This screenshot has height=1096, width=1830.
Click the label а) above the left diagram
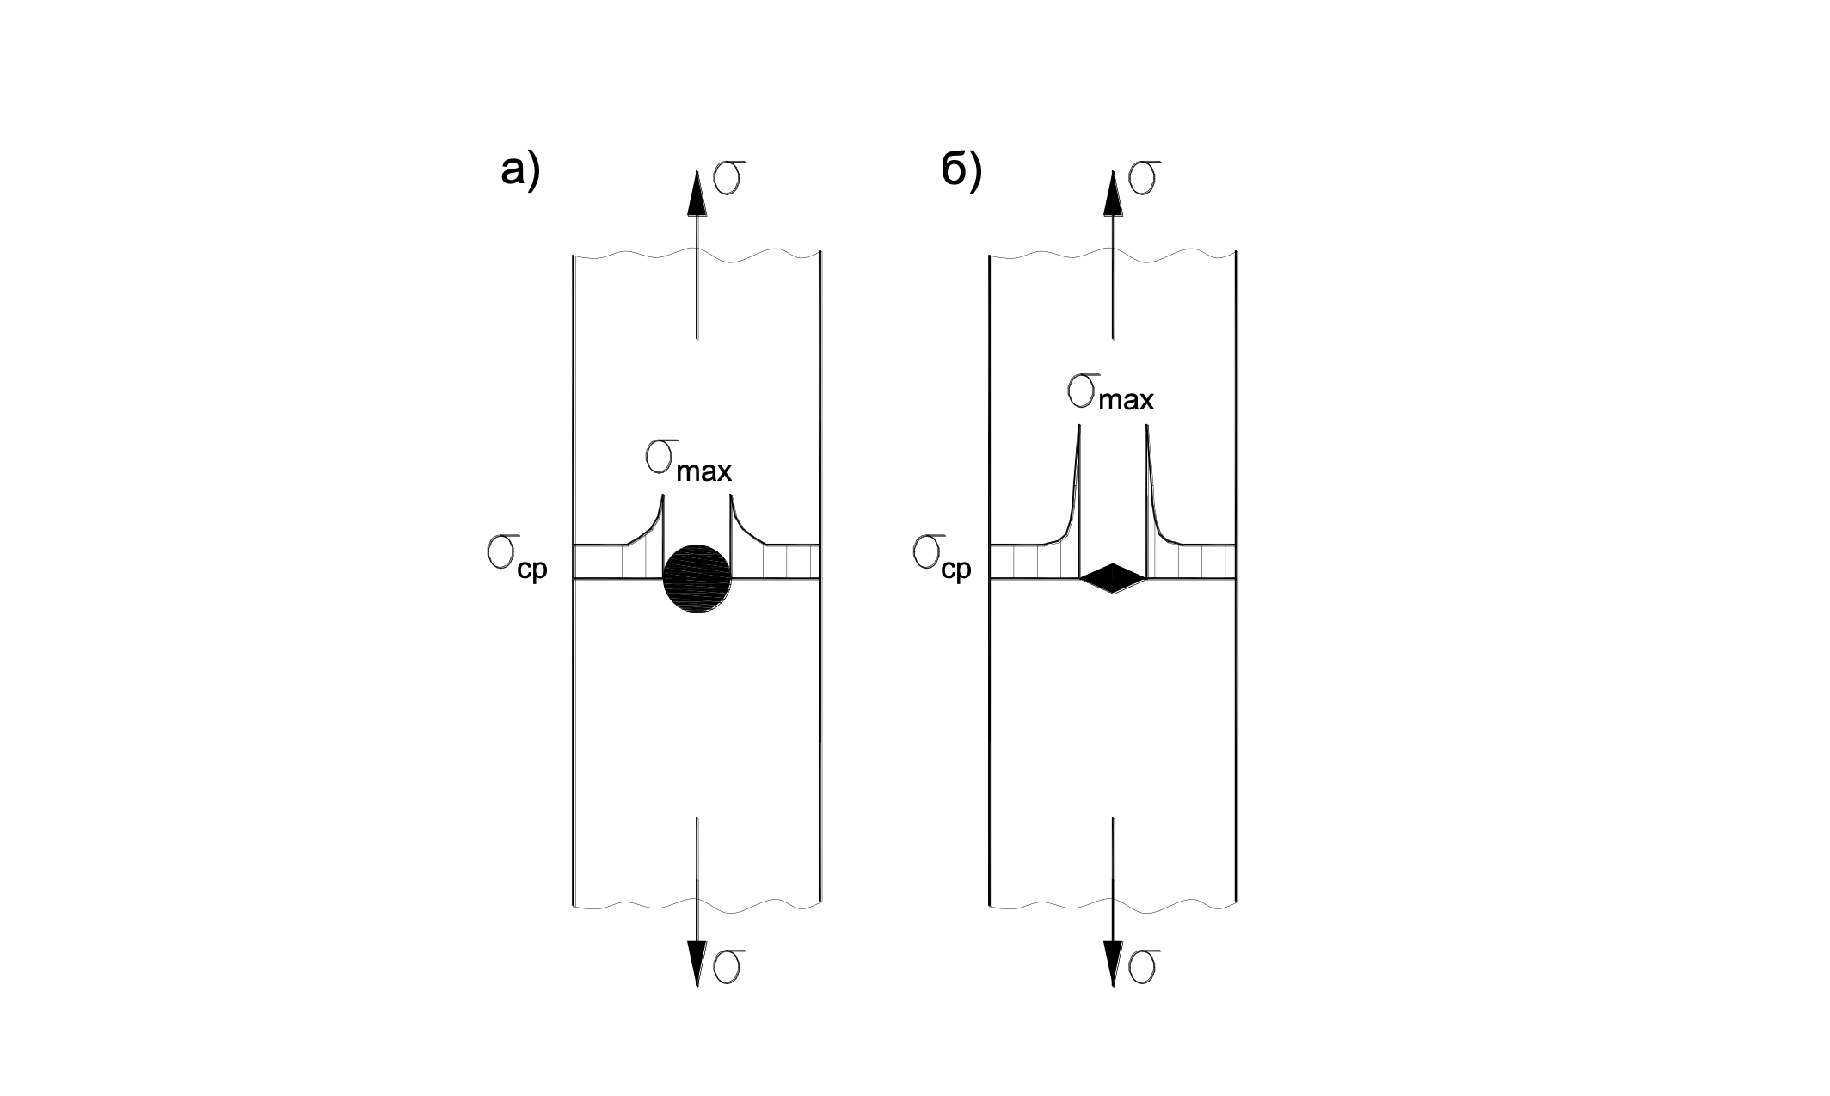(x=520, y=171)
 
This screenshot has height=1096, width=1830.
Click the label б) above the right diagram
(x=961, y=171)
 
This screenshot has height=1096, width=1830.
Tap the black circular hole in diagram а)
(x=697, y=578)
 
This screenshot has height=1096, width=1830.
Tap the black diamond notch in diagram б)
(x=1114, y=578)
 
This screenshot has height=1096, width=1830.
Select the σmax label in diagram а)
(x=688, y=463)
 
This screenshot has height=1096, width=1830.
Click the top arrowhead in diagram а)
(x=697, y=194)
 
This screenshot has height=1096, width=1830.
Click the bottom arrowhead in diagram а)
(x=697, y=964)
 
